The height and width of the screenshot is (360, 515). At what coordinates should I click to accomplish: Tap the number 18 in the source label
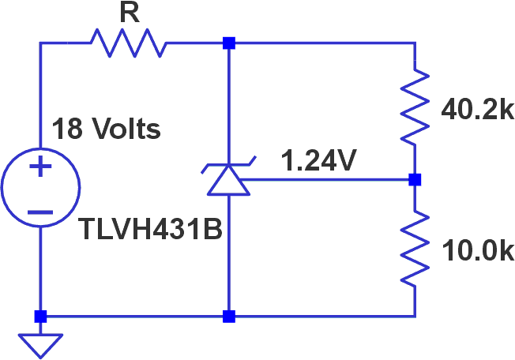click(x=66, y=128)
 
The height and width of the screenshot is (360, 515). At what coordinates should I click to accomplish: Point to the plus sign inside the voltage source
click(x=40, y=167)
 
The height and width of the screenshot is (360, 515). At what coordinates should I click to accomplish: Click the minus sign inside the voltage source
click(x=40, y=212)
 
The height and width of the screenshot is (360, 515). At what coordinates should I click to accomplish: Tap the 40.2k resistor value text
click(x=476, y=110)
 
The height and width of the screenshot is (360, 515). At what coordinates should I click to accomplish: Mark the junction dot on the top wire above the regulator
click(x=229, y=43)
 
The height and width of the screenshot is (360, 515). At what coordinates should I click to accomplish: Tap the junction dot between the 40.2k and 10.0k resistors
click(x=415, y=180)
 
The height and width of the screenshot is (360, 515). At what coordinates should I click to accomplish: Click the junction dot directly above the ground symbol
click(x=40, y=317)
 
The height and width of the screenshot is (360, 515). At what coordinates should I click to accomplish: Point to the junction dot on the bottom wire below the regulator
click(x=229, y=317)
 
